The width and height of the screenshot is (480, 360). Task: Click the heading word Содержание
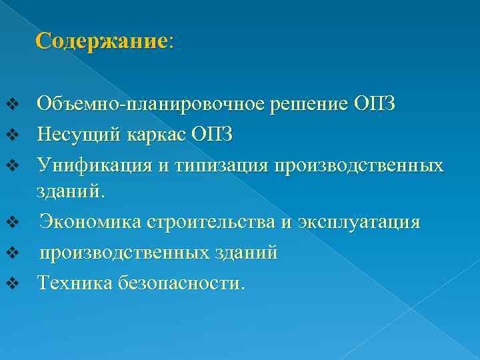tap(101, 41)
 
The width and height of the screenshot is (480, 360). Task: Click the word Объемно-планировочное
tap(153, 104)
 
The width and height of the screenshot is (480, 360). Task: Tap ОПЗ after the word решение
tap(375, 104)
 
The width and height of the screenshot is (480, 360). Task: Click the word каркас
tap(153, 134)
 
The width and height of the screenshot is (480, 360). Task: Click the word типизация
tap(221, 163)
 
